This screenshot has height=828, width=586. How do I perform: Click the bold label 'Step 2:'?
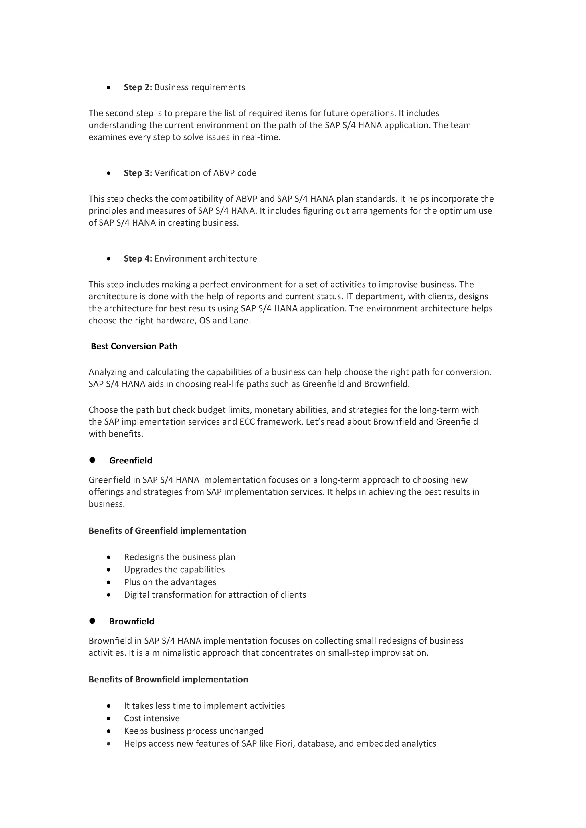(x=138, y=87)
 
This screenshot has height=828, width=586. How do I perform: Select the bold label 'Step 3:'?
(x=138, y=173)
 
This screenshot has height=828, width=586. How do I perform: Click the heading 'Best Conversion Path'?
(x=134, y=346)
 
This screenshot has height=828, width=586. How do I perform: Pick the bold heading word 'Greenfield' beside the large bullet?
(x=131, y=461)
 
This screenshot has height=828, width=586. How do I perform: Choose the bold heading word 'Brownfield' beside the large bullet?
(x=132, y=621)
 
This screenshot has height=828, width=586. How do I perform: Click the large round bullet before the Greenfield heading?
(x=92, y=460)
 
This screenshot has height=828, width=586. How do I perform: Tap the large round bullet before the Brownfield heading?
(x=92, y=621)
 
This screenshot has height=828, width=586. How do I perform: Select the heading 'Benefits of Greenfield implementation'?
(x=167, y=530)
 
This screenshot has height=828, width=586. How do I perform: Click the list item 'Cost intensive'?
(x=152, y=718)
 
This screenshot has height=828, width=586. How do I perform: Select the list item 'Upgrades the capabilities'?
(x=174, y=570)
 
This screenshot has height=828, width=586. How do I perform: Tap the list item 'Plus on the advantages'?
(x=170, y=582)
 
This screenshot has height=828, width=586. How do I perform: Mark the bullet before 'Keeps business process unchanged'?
(x=109, y=731)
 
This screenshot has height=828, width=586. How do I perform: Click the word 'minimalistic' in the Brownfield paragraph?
(x=176, y=653)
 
